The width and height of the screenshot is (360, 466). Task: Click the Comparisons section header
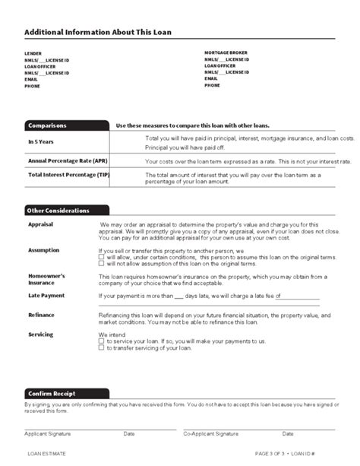pos(47,125)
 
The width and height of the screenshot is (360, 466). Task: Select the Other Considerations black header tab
pos(58,211)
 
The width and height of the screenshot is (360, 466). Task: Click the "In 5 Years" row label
pos(41,141)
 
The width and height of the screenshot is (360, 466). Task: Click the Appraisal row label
pos(40,226)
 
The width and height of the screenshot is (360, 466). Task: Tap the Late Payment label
pos(46,296)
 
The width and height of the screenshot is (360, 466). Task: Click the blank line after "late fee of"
pos(281,296)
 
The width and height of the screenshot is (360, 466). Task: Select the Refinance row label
pos(41,315)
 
